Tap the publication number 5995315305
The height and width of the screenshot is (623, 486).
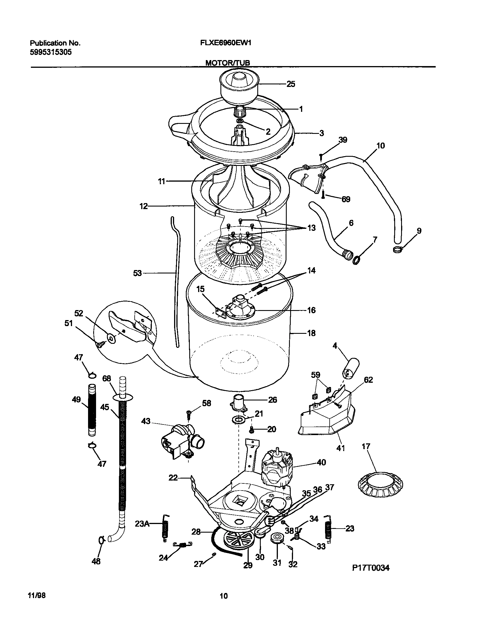point(51,52)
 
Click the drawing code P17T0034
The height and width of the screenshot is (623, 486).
point(371,568)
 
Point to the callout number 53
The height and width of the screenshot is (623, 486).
point(138,273)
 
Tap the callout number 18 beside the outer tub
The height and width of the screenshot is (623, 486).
point(311,333)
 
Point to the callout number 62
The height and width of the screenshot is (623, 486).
point(368,380)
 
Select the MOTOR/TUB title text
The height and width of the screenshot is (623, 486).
point(228,63)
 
